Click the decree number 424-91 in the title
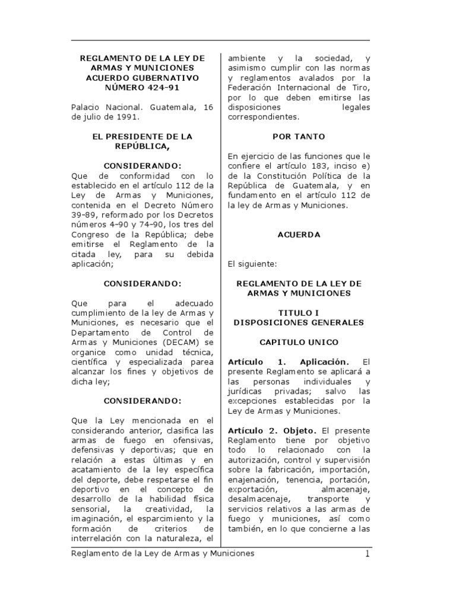(x=161, y=88)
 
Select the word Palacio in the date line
(x=86, y=107)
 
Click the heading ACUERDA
(x=299, y=235)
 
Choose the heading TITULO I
(x=299, y=312)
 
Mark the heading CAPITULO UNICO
(x=299, y=342)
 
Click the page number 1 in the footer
(x=367, y=553)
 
